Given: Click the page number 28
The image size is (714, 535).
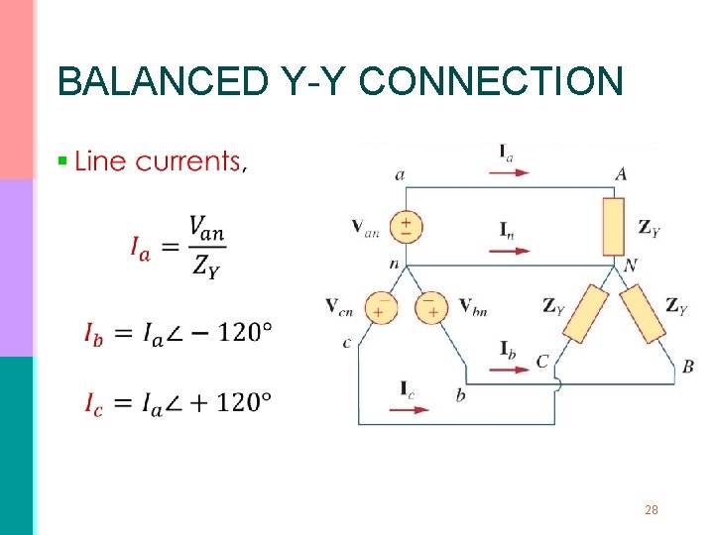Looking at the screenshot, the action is [652, 510].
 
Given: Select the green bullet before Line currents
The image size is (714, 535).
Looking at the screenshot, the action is [62, 160].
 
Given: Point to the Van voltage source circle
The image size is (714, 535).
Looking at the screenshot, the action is [406, 226].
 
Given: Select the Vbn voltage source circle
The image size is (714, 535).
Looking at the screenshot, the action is [431, 305].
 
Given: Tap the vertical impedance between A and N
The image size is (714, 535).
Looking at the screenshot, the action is [614, 226].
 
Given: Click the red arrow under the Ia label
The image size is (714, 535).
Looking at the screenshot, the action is [509, 171].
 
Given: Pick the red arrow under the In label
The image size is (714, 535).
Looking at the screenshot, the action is [509, 250].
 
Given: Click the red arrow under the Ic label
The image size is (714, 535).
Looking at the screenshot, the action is [409, 407].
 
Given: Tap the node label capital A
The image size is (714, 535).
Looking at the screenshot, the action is [621, 174].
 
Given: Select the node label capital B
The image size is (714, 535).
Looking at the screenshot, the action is [687, 368].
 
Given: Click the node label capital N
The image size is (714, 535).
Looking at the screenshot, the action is [630, 266].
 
